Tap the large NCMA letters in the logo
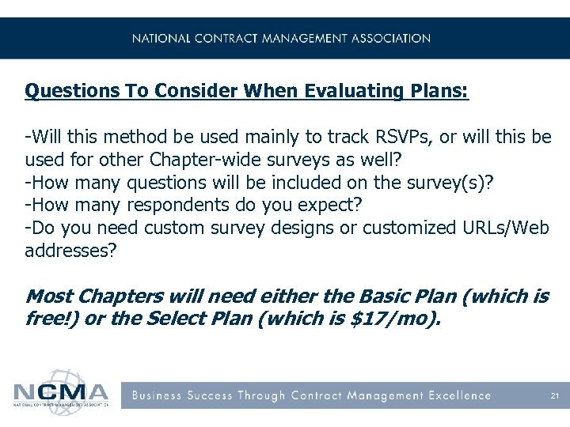click(60, 393)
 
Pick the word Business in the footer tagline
click(156, 395)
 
